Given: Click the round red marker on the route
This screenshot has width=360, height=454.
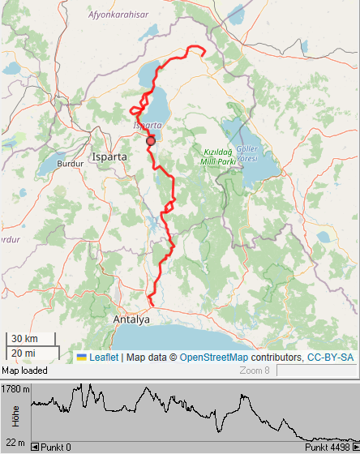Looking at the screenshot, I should click(150, 141).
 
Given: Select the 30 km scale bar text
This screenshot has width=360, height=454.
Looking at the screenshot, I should click(24, 339).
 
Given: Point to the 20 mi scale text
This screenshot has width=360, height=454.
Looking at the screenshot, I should click(24, 353).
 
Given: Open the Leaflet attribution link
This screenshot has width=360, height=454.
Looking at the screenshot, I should click(104, 358).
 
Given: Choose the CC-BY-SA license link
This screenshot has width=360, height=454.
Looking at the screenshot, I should click(330, 358).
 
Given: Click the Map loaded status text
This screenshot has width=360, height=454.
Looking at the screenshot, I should click(25, 370).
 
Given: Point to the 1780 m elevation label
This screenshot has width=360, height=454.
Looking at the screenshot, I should click(15, 389).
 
